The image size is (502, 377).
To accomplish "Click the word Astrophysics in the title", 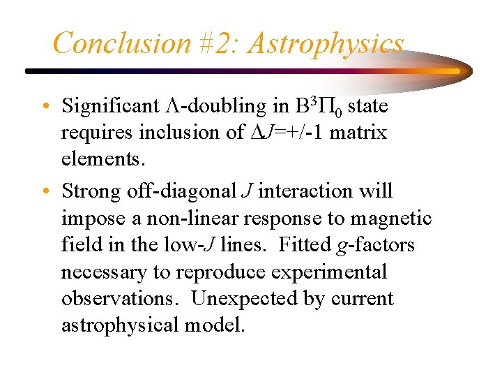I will click(x=326, y=43).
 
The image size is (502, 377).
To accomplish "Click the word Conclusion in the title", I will click(x=121, y=43).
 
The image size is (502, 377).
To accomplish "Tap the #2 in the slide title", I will click(x=218, y=43).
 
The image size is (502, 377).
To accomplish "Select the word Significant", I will click(x=110, y=106).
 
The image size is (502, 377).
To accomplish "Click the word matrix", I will click(x=358, y=133).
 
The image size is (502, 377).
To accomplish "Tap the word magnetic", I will click(x=391, y=219).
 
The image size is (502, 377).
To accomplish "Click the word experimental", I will click(x=328, y=272).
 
